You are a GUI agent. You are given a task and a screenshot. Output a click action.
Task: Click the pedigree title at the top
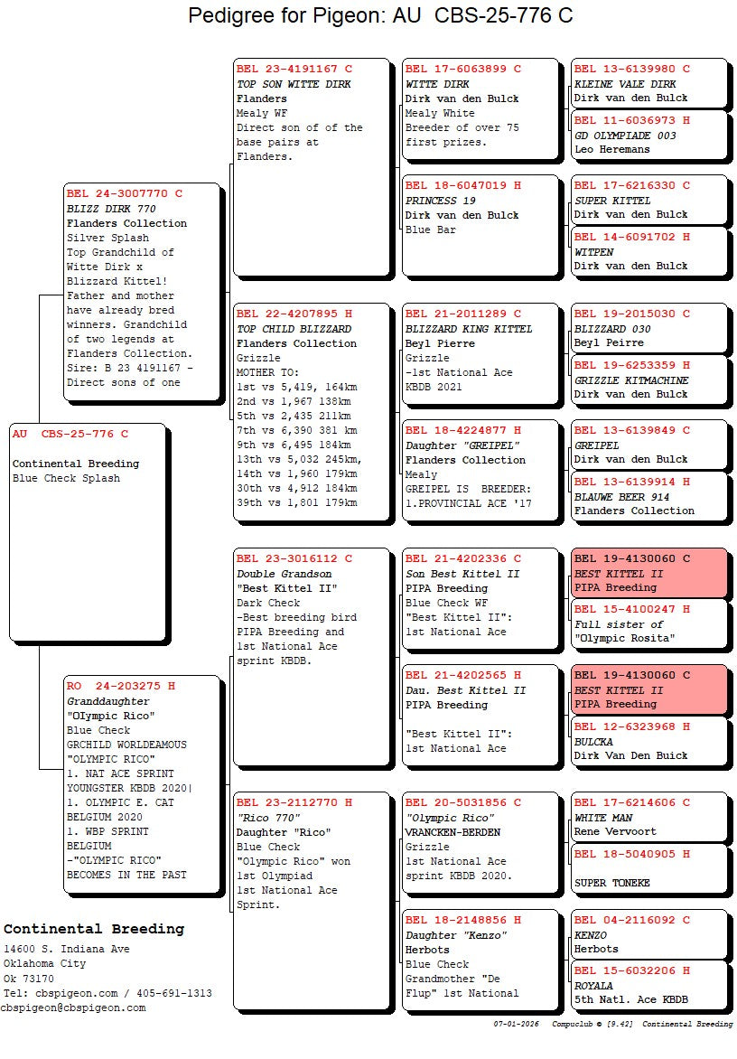click(380, 16)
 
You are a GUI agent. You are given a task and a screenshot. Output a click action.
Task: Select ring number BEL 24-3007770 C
click(125, 193)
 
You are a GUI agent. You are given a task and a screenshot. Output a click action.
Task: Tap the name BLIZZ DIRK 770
click(111, 209)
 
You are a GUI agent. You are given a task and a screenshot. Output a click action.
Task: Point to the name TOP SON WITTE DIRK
click(294, 84)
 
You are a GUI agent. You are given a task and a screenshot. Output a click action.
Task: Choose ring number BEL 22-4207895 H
click(294, 314)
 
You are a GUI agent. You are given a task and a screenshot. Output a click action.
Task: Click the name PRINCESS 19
click(441, 201)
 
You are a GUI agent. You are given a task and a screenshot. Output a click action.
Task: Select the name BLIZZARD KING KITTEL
click(469, 329)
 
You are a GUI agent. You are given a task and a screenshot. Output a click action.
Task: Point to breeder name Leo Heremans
click(611, 150)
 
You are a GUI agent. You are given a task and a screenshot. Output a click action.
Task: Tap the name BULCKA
click(593, 742)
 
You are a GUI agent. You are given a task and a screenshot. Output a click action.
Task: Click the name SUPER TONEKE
click(611, 883)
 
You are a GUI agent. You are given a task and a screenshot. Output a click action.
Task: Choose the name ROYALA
click(593, 986)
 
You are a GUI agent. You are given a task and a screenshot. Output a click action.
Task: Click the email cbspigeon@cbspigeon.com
click(72, 1007)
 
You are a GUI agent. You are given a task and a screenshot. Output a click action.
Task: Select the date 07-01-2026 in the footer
click(517, 1025)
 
